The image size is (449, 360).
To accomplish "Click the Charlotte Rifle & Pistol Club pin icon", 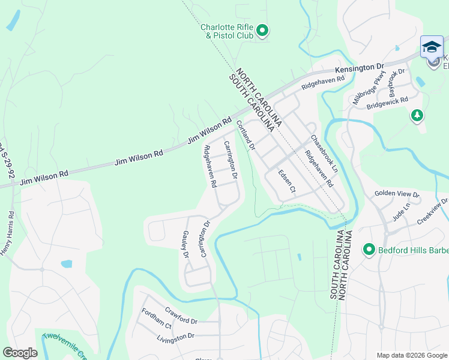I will [x=262, y=29].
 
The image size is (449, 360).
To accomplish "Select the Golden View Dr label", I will [x=397, y=194].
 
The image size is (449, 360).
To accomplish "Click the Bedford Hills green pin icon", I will [x=369, y=248].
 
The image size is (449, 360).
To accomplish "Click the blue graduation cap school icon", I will [x=432, y=46].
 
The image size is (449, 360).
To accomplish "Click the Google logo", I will [x=20, y=353].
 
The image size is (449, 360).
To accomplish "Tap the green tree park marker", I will [x=417, y=115].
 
